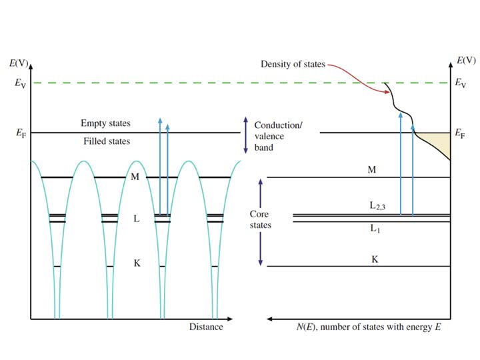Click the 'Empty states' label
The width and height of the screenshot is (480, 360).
105,123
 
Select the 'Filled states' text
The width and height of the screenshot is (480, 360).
107,141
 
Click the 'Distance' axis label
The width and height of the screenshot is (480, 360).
206,327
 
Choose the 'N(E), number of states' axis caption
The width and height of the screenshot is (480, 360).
368,327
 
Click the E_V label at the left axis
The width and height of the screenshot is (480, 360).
21,83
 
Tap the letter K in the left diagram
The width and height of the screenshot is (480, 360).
137,263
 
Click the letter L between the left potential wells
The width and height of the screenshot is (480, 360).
137,218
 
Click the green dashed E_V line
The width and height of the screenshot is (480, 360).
200,83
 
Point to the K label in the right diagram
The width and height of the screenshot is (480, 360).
374,258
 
